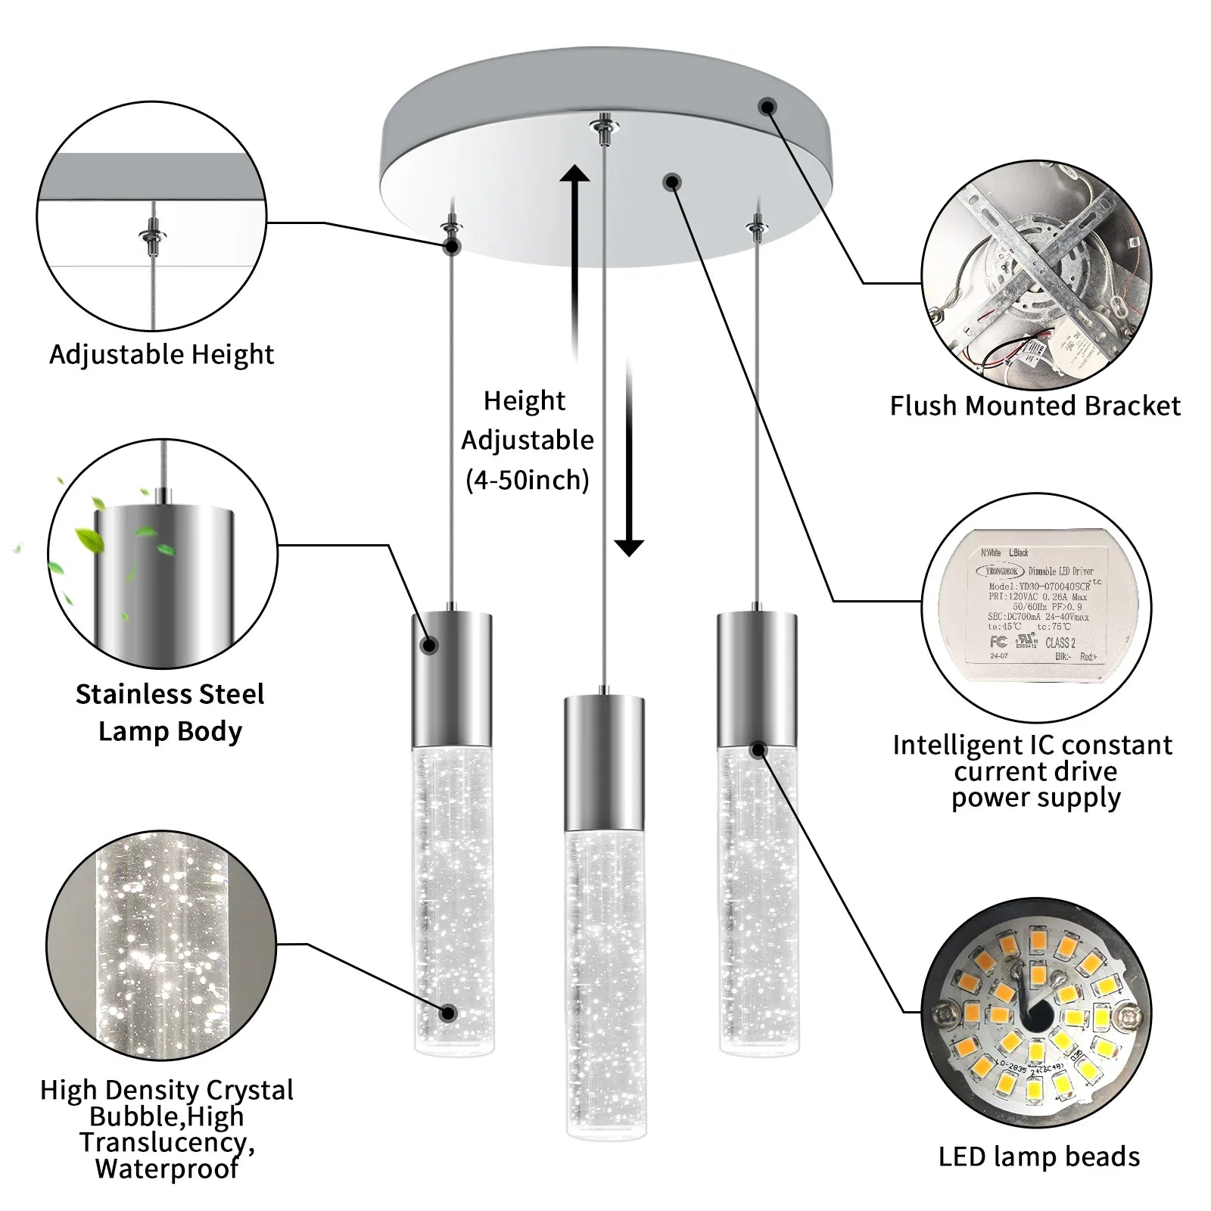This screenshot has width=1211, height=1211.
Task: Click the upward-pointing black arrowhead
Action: coord(574,176)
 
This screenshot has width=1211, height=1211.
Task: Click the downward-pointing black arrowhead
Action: coord(628,546)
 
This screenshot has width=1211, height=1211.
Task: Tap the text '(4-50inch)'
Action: coord(527,480)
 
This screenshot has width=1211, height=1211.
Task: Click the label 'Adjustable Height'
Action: coord(161,354)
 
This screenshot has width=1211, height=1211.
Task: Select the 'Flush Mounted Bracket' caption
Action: coord(1035,406)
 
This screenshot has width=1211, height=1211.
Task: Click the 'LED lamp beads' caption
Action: coord(1038,1157)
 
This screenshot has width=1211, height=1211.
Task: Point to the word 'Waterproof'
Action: coord(167,1169)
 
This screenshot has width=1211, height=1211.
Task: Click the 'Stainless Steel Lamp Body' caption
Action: coord(170,712)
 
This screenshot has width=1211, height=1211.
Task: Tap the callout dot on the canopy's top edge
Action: coord(767,107)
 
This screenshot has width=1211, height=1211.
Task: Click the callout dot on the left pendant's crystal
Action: coord(448,1013)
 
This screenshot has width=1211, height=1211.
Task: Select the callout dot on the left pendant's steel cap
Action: coord(429,645)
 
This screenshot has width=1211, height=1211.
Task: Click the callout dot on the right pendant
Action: coord(758,750)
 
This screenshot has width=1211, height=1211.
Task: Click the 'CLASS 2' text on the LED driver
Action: coord(1060,643)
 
